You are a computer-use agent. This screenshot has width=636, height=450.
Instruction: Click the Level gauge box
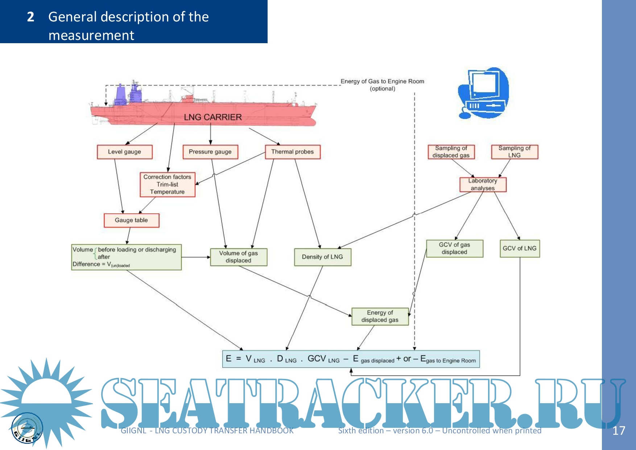(124, 152)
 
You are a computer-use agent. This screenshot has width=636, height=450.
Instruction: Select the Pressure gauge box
(210, 152)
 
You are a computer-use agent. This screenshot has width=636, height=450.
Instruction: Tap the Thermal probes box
(293, 152)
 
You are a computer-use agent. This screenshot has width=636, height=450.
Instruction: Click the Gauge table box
(131, 220)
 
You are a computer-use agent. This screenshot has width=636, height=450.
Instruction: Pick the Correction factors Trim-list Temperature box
(168, 184)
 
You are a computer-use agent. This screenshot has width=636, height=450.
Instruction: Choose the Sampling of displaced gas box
(451, 152)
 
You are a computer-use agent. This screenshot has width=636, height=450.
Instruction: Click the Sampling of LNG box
(515, 152)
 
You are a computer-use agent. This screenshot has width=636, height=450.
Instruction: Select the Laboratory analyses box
(483, 184)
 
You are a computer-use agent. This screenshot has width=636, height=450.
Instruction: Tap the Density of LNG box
(322, 257)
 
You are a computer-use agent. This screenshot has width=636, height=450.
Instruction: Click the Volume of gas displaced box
(239, 257)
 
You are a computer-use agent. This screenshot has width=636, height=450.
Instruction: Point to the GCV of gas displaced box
(454, 249)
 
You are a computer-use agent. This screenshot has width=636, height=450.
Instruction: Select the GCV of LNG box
(520, 249)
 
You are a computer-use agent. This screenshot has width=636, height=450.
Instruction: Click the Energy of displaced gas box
(380, 316)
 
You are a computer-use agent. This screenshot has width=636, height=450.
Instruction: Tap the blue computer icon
(484, 93)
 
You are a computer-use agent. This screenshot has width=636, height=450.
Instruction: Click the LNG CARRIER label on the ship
(212, 117)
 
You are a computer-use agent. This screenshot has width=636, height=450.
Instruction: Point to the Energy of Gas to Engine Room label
(382, 82)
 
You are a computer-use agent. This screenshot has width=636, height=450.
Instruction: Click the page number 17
(619, 431)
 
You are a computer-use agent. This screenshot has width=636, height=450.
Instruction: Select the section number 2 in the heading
(30, 17)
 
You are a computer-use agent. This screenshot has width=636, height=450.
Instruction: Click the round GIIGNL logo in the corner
(27, 428)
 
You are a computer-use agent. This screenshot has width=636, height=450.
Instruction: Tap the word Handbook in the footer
(272, 431)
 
